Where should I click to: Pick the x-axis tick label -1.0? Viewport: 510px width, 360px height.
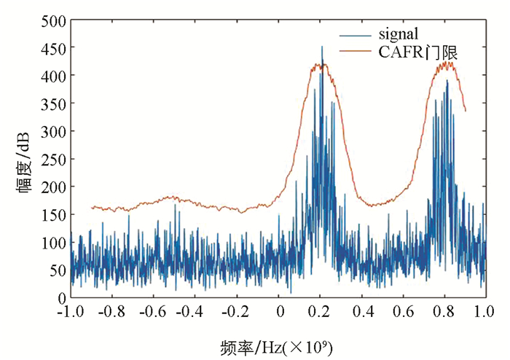(71, 311)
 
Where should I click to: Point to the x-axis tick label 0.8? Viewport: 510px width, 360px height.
(445, 311)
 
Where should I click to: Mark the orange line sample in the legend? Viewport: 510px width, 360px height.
(355, 52)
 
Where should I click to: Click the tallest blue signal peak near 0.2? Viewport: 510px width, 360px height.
(322, 47)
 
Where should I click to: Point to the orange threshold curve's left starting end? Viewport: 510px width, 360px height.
(92, 207)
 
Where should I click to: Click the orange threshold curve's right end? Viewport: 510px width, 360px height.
(466, 111)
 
